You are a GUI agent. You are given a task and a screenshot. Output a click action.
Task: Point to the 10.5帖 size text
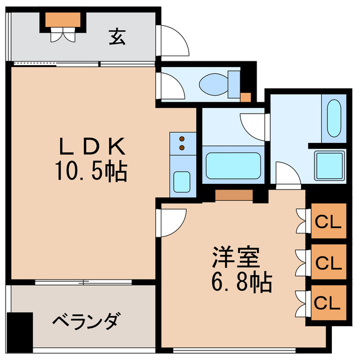click(93, 170)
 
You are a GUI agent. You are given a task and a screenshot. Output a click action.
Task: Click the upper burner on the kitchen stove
click(182, 138)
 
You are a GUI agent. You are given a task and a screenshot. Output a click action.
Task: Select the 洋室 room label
click(236, 258)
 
